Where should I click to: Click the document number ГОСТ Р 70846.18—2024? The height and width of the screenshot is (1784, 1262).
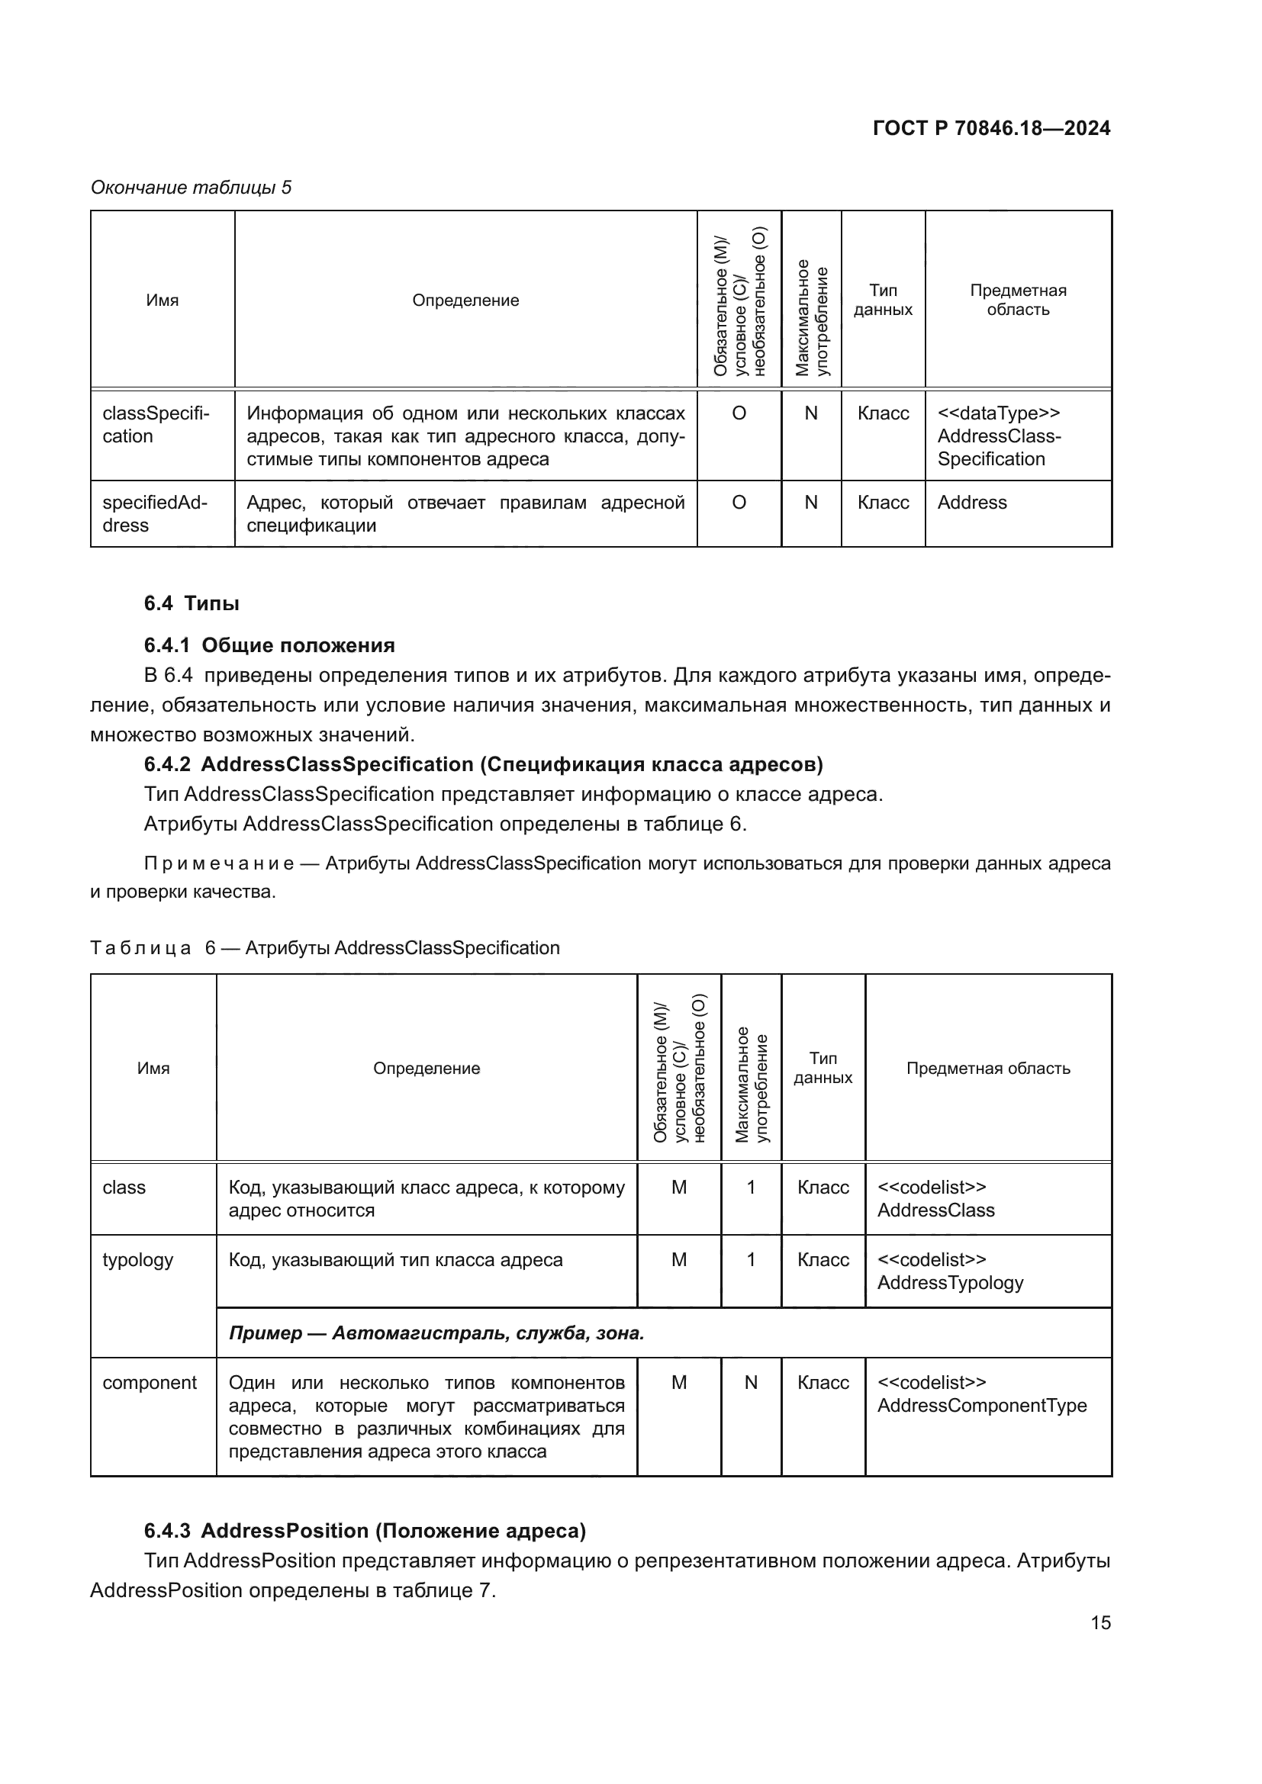point(991,128)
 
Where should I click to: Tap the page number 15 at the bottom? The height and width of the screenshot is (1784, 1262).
point(1100,1622)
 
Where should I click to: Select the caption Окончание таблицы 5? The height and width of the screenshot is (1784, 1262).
point(192,188)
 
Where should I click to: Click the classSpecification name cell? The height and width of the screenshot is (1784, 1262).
point(156,424)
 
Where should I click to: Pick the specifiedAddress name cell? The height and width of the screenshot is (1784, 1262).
point(155,513)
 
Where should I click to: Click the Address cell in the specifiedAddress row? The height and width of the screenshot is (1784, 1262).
point(971,503)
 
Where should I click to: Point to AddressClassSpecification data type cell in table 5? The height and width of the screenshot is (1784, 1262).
point(999,436)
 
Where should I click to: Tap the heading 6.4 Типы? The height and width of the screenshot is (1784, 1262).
point(192,604)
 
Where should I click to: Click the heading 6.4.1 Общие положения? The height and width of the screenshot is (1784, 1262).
point(269,646)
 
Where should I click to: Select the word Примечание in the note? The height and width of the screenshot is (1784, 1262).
point(218,863)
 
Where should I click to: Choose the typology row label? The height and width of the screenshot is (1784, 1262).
point(137,1259)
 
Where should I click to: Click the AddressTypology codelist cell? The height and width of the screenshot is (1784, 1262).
point(950,1271)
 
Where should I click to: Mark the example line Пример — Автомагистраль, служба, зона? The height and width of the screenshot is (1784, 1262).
point(436,1333)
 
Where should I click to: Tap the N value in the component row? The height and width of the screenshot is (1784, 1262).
point(751,1382)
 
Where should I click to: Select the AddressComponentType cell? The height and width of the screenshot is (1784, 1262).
point(981,1394)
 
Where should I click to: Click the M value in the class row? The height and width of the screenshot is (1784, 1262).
point(678,1188)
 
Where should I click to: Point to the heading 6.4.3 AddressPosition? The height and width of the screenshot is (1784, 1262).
point(365,1531)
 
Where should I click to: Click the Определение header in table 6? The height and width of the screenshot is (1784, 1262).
point(426,1069)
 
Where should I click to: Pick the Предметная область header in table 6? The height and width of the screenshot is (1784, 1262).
point(987,1069)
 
